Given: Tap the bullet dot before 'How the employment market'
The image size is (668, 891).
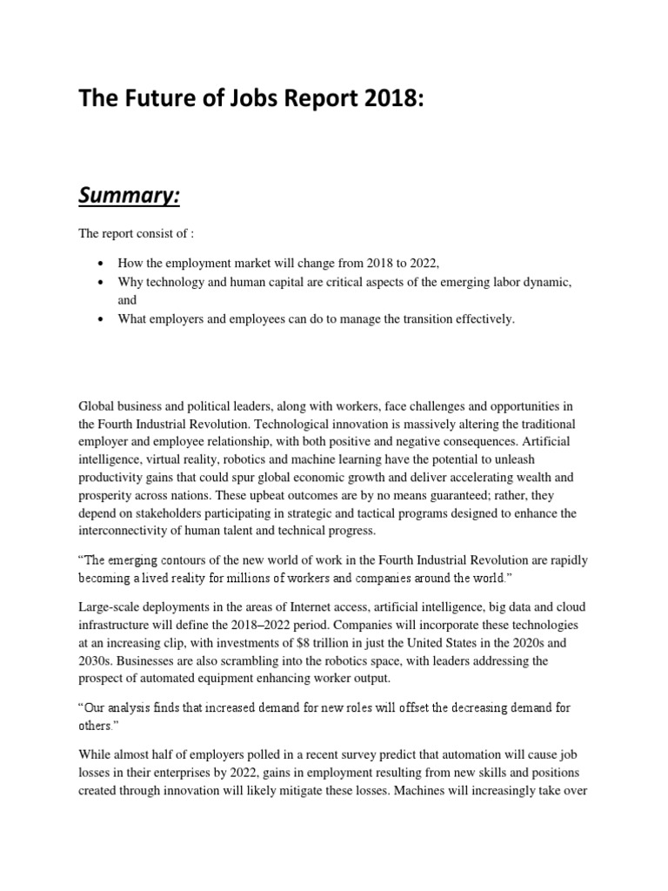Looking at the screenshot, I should pyautogui.click(x=104, y=263).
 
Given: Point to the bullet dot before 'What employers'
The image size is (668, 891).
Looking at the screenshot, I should pyautogui.click(x=104, y=319).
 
